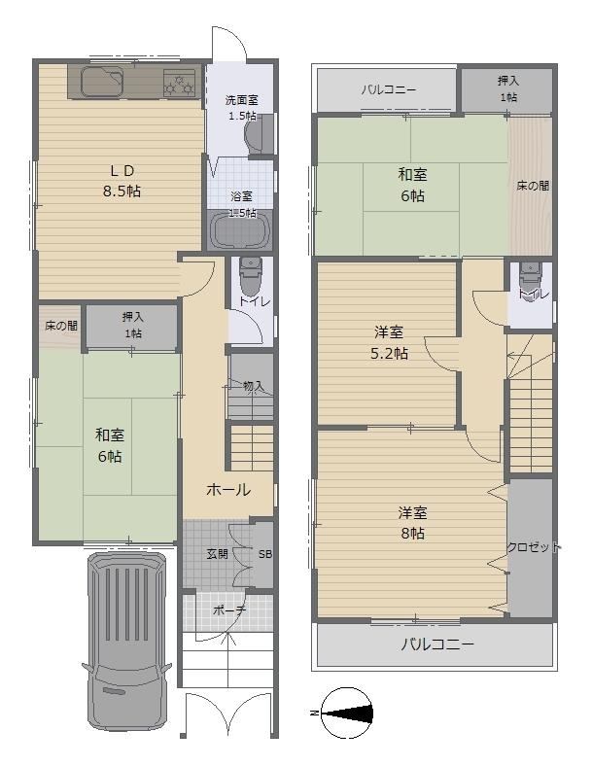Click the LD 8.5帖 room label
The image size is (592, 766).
point(122,181)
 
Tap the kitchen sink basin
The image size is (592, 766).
point(102,82)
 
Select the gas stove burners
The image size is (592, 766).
point(179,83)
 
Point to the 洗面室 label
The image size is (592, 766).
point(241,100)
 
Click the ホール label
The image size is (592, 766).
point(228,490)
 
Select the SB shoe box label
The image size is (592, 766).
point(265,554)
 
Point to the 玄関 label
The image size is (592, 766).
point(217,554)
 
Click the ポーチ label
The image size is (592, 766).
point(229,610)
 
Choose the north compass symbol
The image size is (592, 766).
point(347,714)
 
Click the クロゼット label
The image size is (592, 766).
point(534,547)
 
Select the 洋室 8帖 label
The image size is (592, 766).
point(413,523)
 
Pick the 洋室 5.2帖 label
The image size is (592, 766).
point(389,342)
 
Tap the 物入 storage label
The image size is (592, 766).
point(254,387)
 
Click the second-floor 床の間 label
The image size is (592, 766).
point(533,186)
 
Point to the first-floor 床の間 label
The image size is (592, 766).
point(61,326)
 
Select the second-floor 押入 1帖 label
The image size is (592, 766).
point(508,88)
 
